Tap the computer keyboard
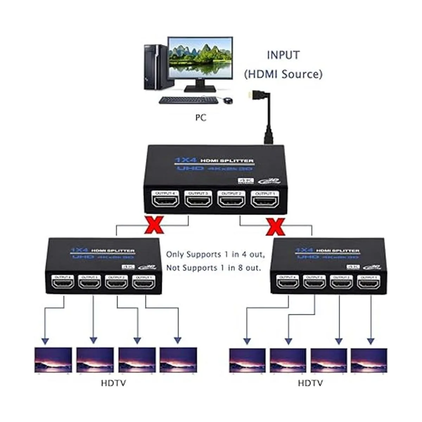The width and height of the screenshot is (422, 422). pos(188,100)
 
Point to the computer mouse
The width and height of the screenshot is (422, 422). pos(228,101)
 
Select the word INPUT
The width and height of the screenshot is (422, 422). pos(283,55)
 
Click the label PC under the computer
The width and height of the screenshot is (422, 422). pos(201,117)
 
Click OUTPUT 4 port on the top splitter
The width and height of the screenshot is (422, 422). pos(165,203)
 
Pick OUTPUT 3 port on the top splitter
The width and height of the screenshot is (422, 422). pos(198,203)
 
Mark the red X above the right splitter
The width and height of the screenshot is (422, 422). pos(276,226)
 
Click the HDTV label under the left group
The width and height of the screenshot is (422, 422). pos(113,383)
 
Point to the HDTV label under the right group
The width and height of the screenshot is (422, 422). pos(310,383)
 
